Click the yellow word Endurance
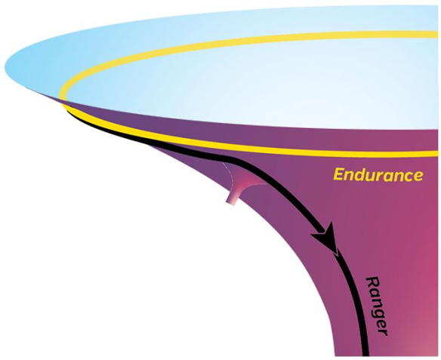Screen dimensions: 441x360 [378, 174]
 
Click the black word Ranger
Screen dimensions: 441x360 [377, 306]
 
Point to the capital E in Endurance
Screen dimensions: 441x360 [339, 174]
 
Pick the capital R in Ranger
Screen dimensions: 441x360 [372, 282]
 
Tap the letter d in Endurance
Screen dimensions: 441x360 [360, 174]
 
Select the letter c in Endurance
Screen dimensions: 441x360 [407, 176]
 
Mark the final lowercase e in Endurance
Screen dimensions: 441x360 [418, 176]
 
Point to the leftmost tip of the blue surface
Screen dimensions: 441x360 [5, 68]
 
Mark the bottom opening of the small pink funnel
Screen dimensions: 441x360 [231, 203]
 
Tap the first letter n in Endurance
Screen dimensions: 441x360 [350, 176]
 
